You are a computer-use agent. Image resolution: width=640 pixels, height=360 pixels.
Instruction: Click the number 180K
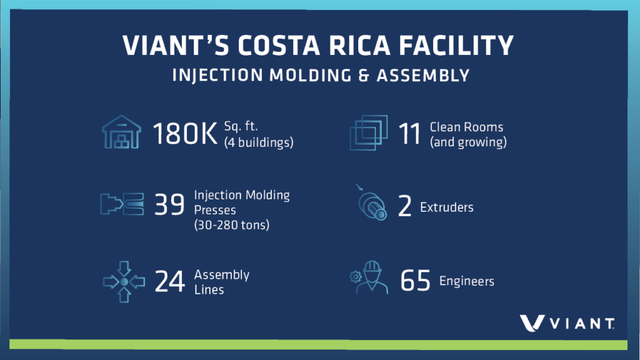[x=186, y=134]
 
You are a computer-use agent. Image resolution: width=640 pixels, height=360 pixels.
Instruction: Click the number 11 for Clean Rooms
[x=409, y=134]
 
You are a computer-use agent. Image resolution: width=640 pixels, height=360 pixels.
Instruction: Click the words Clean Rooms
[x=466, y=127]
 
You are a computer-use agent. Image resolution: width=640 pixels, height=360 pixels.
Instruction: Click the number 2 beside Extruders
[x=404, y=207]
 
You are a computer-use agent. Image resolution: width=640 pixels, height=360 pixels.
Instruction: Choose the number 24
[x=169, y=282]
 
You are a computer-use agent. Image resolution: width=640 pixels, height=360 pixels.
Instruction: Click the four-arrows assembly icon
[x=124, y=282]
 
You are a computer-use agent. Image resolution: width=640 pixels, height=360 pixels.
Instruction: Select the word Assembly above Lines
[x=221, y=274]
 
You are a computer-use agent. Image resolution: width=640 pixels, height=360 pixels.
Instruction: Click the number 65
[x=416, y=281]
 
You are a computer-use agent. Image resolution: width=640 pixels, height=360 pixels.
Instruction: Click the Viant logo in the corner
[x=566, y=323]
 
